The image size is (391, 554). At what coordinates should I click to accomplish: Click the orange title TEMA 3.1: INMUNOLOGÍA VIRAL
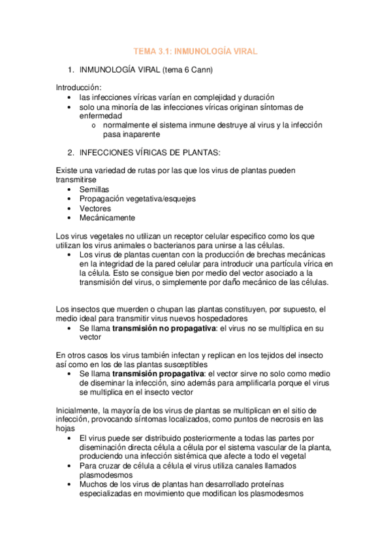click(x=195, y=50)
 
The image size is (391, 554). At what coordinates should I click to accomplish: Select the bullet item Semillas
click(x=94, y=189)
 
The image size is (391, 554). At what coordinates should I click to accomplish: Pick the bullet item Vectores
click(x=95, y=208)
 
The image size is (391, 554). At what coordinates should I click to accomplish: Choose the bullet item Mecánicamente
click(x=107, y=218)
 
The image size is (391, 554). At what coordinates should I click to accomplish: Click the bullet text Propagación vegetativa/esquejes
click(x=137, y=199)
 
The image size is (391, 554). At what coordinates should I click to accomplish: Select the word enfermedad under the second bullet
click(x=101, y=116)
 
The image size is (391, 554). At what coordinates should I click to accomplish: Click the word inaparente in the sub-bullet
click(x=151, y=134)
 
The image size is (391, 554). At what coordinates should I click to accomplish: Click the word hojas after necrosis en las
click(x=66, y=428)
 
